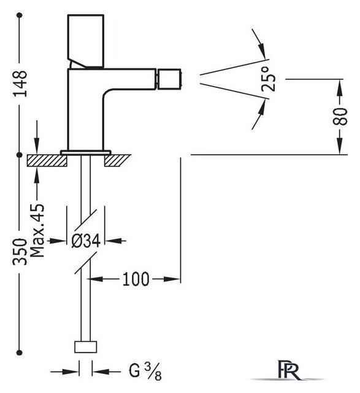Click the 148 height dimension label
[x=20, y=84]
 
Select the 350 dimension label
[x=20, y=251]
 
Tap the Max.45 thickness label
[x=37, y=231]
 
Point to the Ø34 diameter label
[x=86, y=241]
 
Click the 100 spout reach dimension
[x=136, y=279]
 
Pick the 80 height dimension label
[x=340, y=117]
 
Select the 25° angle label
[x=268, y=79]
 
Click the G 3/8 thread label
[x=145, y=372]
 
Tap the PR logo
[x=288, y=370]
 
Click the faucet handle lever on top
[x=86, y=41]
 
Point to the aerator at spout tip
[x=169, y=79]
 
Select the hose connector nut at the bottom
[x=86, y=346]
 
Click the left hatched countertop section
[x=47, y=160]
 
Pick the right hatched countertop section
[x=117, y=160]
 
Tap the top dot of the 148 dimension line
[x=19, y=15]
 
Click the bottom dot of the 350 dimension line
[x=19, y=352]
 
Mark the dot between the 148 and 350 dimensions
[x=19, y=155]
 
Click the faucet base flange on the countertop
[x=86, y=152]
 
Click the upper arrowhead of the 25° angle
[x=262, y=51]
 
